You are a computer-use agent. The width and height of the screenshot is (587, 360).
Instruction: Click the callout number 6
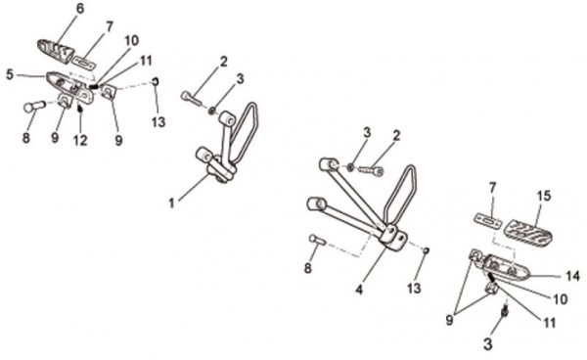tap(80, 9)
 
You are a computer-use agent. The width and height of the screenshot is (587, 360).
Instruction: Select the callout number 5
tap(10, 75)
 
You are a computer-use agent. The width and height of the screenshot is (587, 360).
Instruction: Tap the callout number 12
tap(80, 140)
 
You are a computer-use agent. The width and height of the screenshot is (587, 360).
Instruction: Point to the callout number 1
tap(171, 203)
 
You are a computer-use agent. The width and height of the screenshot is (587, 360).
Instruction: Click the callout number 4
tap(359, 290)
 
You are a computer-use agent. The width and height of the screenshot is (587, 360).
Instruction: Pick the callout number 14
tap(572, 276)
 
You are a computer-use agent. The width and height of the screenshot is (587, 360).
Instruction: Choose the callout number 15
tap(544, 196)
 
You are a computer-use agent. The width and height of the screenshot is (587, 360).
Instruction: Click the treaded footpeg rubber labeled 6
tap(56, 51)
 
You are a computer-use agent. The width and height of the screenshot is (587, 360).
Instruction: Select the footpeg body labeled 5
tap(70, 87)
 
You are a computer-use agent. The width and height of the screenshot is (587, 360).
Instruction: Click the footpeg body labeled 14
tap(507, 267)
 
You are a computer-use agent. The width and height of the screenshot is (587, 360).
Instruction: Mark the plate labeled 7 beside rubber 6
tap(84, 63)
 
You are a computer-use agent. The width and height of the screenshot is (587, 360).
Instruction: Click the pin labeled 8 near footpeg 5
tap(34, 107)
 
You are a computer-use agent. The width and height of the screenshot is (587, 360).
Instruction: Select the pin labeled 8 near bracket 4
tap(318, 240)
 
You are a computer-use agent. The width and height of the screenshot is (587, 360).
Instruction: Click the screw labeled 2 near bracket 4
tap(372, 170)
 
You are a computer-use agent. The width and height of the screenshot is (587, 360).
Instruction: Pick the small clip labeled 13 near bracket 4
tap(426, 250)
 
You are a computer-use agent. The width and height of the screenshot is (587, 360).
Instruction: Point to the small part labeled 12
tap(79, 109)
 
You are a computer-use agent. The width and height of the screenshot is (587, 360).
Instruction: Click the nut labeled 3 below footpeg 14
tap(505, 311)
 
